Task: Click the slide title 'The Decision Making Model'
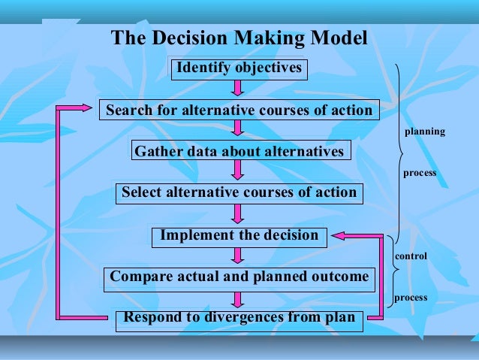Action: tap(239, 38)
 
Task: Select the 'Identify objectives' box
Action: tap(239, 68)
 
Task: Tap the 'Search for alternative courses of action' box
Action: tap(239, 110)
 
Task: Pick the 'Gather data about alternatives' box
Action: tap(239, 152)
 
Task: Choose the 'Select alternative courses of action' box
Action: tap(239, 193)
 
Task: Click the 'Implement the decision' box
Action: tap(239, 236)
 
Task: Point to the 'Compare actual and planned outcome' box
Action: tap(239, 277)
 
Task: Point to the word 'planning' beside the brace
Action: tap(424, 132)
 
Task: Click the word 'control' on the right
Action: tap(411, 257)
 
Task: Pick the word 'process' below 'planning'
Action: tap(419, 174)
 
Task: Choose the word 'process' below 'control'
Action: tap(411, 298)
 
